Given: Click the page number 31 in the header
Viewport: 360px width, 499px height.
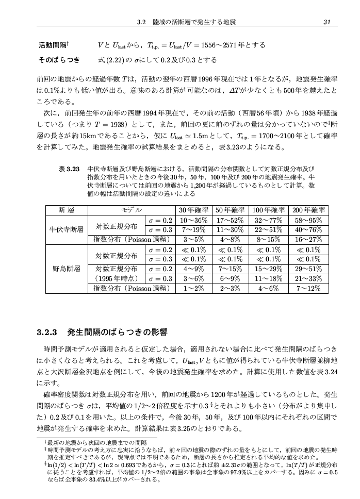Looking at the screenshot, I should pos(326,22).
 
